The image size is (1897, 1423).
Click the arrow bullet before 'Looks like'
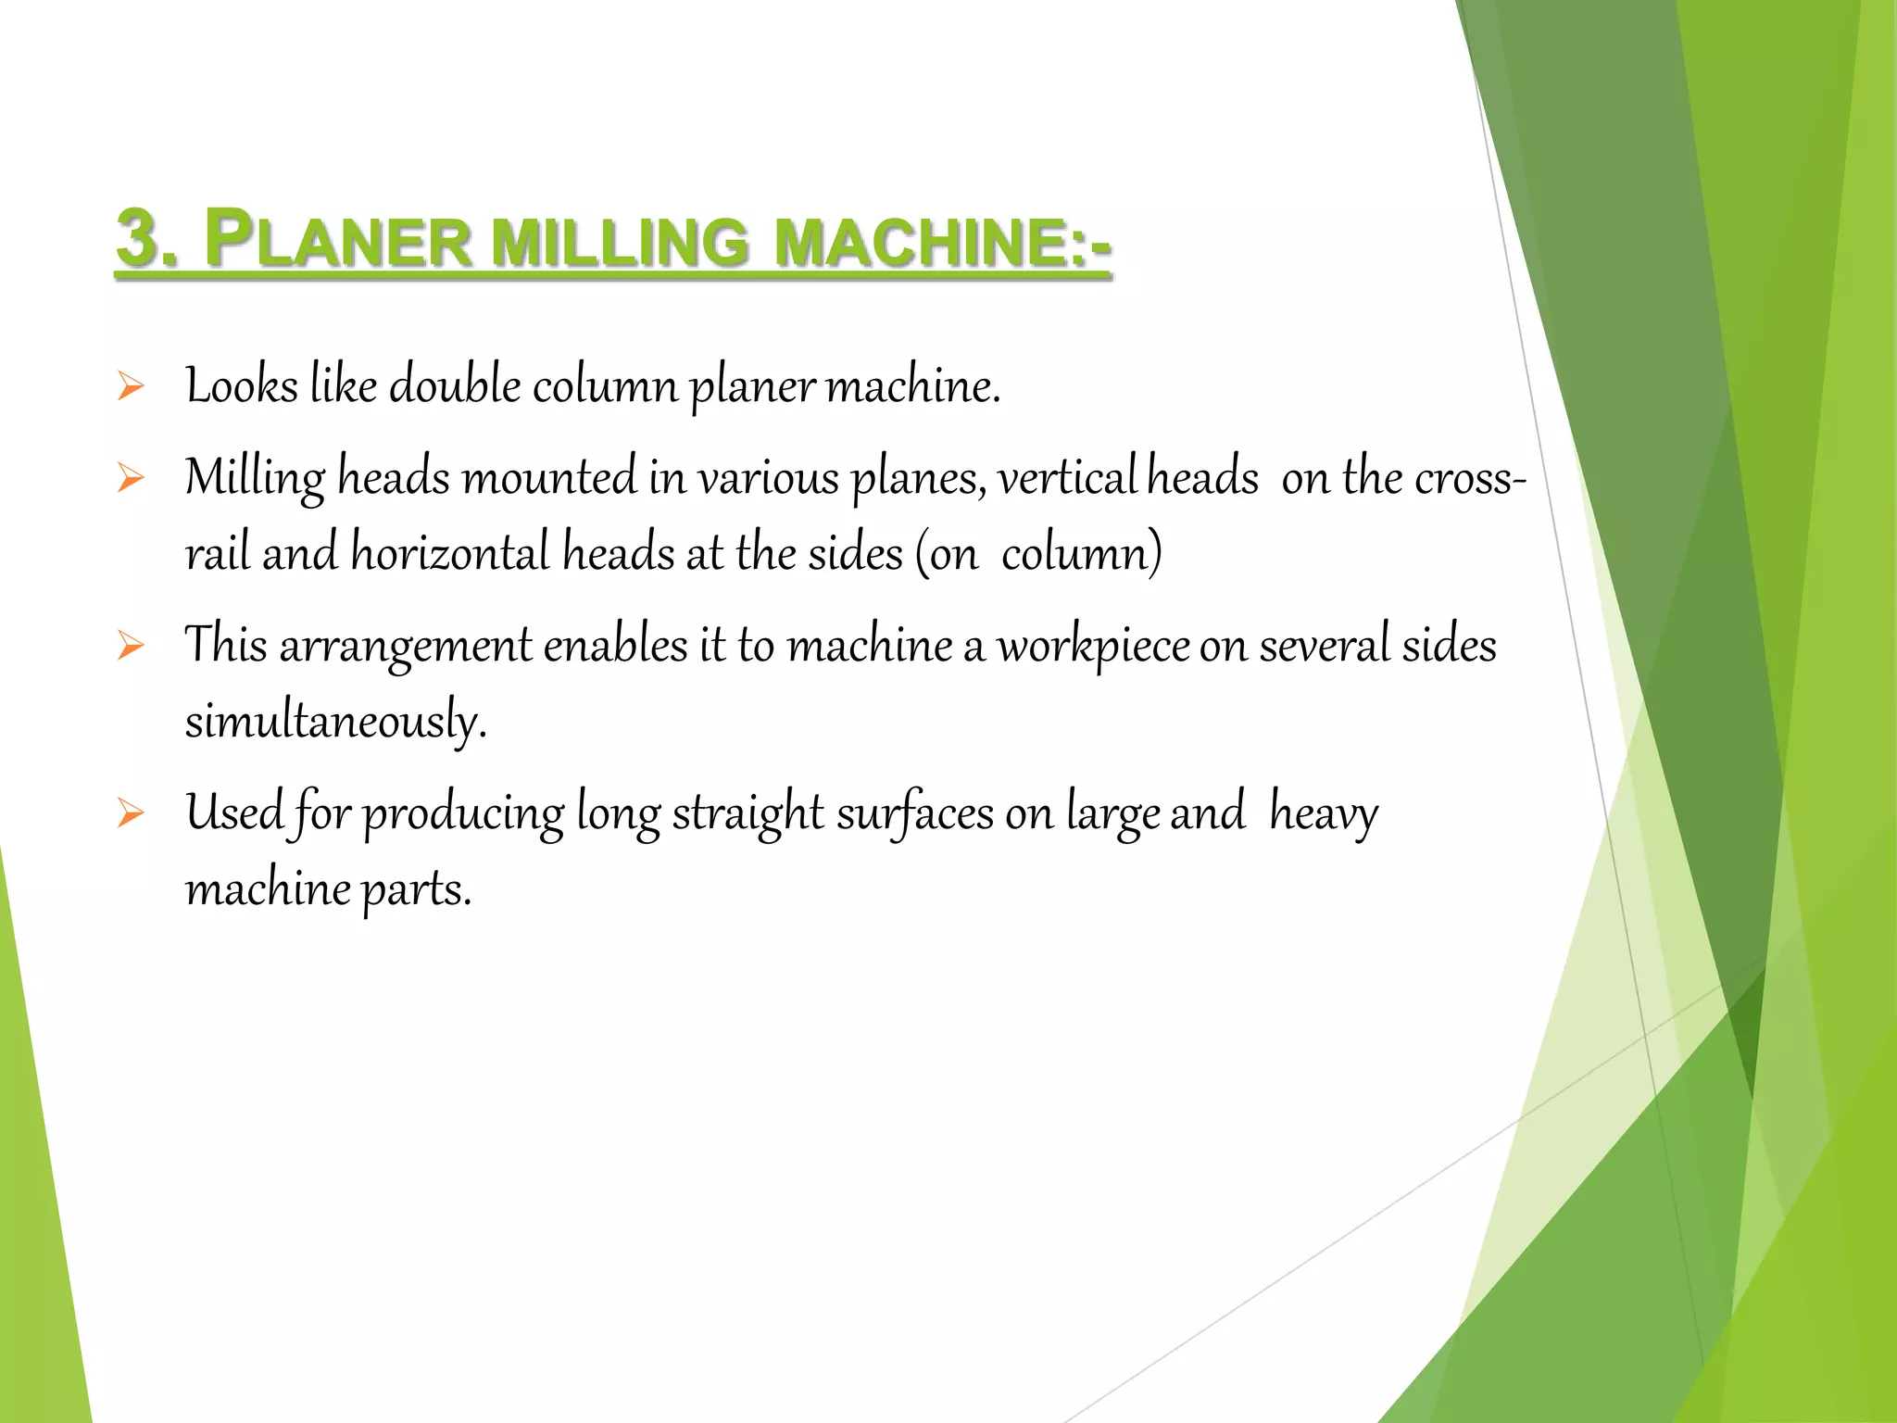(x=131, y=386)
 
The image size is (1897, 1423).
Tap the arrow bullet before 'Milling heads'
(x=131, y=478)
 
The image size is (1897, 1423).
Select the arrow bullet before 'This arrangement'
(x=131, y=646)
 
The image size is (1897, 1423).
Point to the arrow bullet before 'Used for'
(x=131, y=813)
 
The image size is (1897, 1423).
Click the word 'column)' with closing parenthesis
(x=1081, y=553)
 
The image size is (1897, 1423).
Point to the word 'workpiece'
(x=1093, y=646)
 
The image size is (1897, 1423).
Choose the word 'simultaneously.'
(x=335, y=721)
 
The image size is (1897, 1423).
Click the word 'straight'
(x=747, y=813)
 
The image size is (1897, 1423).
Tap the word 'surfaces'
(x=915, y=813)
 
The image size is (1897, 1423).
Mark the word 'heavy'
(x=1324, y=813)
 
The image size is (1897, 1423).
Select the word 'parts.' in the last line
(x=416, y=889)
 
